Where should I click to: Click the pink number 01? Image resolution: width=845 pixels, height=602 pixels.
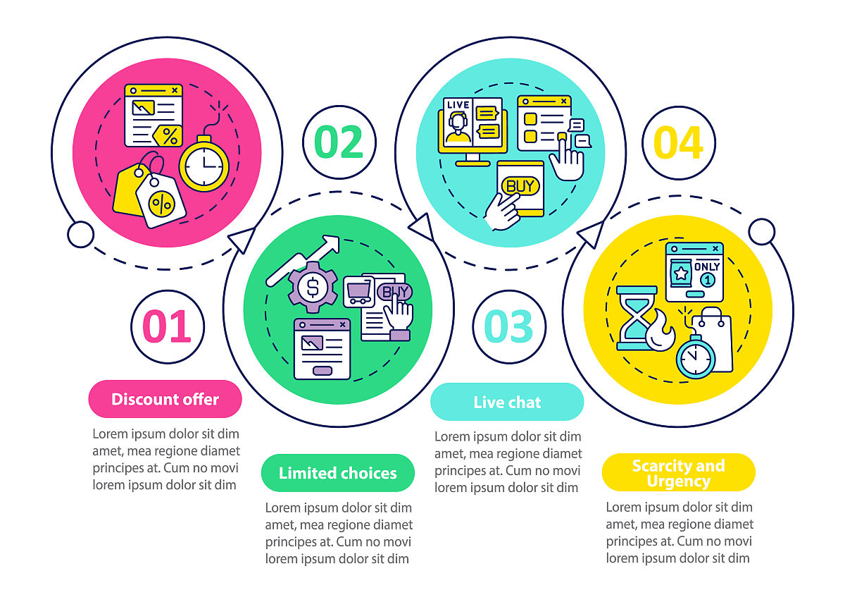[x=167, y=326]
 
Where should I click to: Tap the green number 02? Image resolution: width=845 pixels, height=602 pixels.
[x=339, y=142]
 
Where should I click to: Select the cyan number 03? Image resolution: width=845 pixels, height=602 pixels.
[x=508, y=326]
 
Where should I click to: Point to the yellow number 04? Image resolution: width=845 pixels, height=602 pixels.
[x=678, y=142]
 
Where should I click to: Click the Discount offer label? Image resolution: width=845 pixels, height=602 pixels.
[x=165, y=399]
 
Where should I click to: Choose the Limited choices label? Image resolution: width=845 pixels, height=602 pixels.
[x=337, y=473]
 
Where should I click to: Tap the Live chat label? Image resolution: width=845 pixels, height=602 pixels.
[x=507, y=402]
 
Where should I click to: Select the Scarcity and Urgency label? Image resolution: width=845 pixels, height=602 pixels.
[x=679, y=472]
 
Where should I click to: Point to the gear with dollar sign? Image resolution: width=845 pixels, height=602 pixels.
[x=313, y=287]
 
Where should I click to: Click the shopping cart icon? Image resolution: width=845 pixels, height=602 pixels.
[x=358, y=292]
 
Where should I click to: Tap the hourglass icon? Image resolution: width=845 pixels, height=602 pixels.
[x=637, y=318]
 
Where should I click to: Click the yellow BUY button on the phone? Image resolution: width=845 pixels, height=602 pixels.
[x=520, y=186]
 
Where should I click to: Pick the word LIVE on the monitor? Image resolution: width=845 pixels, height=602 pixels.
[x=458, y=104]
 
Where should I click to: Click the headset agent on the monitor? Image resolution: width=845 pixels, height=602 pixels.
[x=458, y=128]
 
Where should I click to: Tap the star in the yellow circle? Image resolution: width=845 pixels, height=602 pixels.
[x=681, y=273]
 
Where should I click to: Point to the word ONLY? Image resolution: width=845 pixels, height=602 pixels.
[x=707, y=266]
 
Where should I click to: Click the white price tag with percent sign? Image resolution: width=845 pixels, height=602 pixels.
[x=161, y=200]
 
